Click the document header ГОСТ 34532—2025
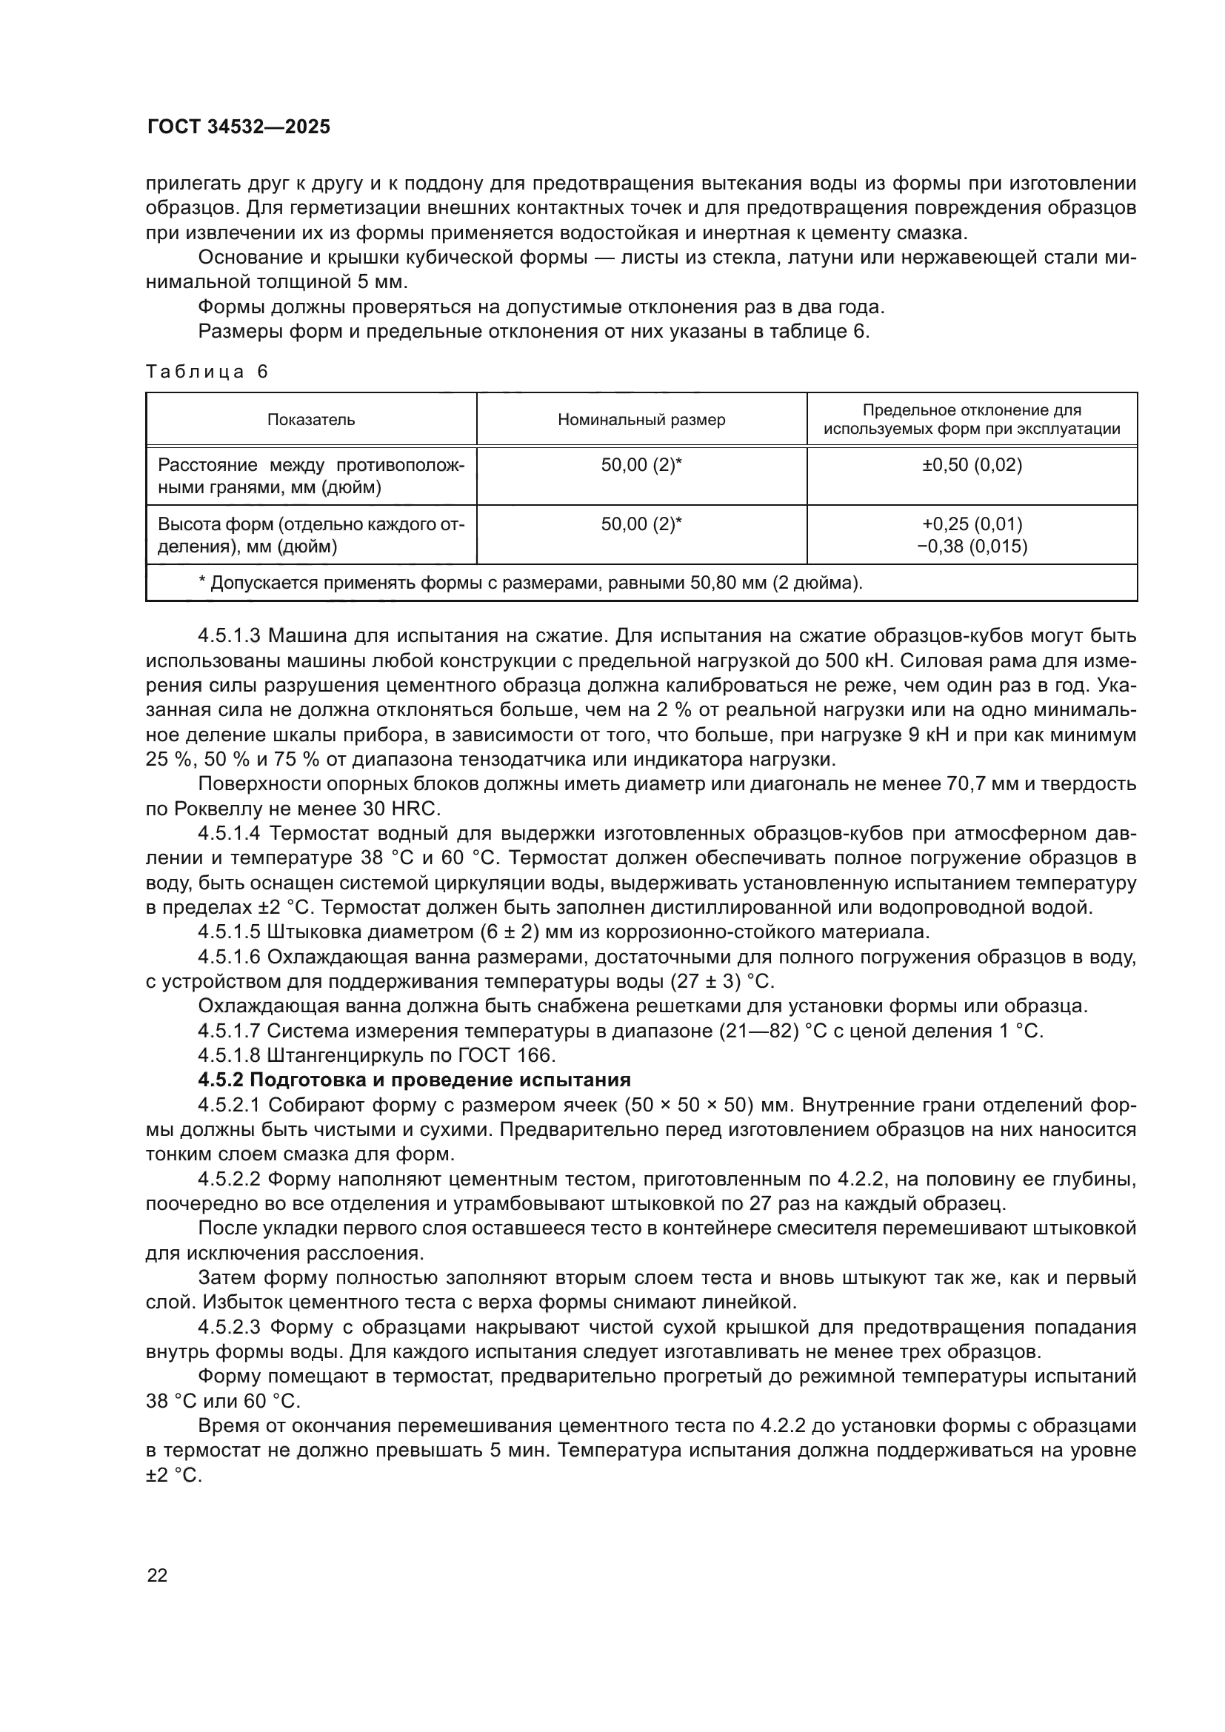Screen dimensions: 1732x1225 [x=238, y=127]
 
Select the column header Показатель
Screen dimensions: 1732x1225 [x=311, y=419]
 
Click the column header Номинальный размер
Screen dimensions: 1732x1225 [x=641, y=419]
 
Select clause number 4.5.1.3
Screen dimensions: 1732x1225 [x=230, y=636]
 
